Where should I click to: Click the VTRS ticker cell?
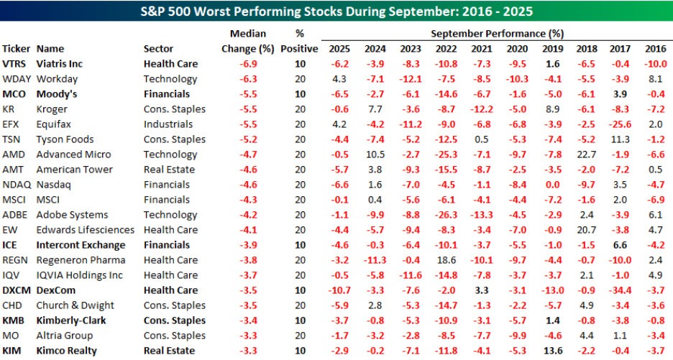pyautogui.click(x=14, y=64)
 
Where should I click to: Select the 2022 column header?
pyautogui.click(x=446, y=49)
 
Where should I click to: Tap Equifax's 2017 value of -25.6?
pyautogui.click(x=620, y=124)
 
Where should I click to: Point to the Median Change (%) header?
pyautogui.click(x=247, y=41)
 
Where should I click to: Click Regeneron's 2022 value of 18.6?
pyautogui.click(x=447, y=260)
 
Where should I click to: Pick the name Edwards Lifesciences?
pyautogui.click(x=85, y=230)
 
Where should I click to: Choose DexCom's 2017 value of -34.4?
pyautogui.click(x=620, y=290)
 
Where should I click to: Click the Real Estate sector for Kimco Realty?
pyautogui.click(x=169, y=351)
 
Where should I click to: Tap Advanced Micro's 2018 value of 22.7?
pyautogui.click(x=586, y=154)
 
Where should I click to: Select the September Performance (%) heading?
pyautogui.click(x=497, y=34)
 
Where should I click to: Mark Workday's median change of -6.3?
pyautogui.click(x=248, y=79)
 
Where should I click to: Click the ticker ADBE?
pyautogui.click(x=14, y=215)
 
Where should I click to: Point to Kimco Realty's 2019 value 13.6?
pyautogui.click(x=553, y=351)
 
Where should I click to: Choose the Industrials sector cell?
pyautogui.click(x=168, y=124)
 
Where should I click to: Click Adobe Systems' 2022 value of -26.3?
pyautogui.click(x=446, y=215)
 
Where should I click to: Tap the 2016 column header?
pyautogui.click(x=656, y=49)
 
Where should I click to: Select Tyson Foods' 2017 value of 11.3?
pyautogui.click(x=620, y=139)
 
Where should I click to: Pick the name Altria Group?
pyautogui.click(x=65, y=336)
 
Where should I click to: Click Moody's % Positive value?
pyautogui.click(x=300, y=94)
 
